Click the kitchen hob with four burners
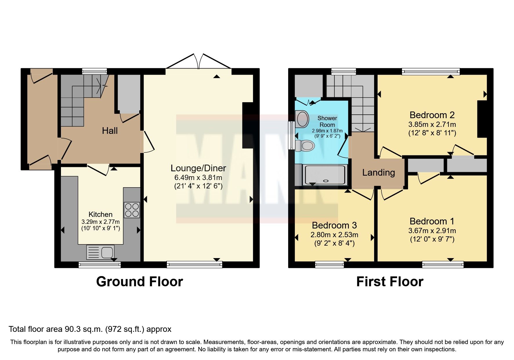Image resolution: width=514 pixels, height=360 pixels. [132, 210]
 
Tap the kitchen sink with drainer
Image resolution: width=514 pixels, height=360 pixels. [100, 252]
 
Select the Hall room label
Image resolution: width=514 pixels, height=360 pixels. [110, 131]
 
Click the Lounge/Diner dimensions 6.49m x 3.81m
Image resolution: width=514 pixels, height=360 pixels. [198, 177]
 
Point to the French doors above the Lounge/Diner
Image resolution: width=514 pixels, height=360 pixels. [199, 62]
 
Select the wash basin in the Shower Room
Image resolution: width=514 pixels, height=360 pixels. [302, 119]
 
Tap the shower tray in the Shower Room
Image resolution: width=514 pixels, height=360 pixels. [325, 175]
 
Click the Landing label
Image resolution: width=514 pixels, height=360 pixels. [378, 173]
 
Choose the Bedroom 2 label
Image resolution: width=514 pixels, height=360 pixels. [432, 115]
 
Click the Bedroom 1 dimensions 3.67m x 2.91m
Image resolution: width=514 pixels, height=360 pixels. [432, 231]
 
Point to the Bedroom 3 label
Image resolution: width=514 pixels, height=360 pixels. [334, 225]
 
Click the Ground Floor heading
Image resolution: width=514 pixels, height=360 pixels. [139, 282]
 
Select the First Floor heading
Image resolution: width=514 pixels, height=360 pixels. [389, 282]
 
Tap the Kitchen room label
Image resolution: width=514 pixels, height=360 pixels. [100, 215]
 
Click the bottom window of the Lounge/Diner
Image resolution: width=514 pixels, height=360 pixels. [194, 264]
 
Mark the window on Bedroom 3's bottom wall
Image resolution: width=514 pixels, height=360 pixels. [329, 264]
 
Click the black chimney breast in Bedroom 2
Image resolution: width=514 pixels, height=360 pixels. [482, 119]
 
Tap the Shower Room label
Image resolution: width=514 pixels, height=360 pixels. [327, 121]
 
